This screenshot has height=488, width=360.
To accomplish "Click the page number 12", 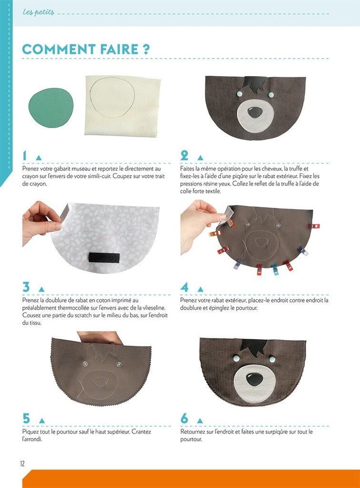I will pos(22,463).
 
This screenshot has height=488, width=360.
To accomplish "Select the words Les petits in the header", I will pos(39,11).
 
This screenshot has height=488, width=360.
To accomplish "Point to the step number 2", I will pos(185,155).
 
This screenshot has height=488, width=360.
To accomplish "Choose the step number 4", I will pos(185,287).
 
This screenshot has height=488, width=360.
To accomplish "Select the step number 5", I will pos(26,419).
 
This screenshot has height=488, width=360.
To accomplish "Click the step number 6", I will pos(185,419).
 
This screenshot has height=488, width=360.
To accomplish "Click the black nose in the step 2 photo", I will pos(255,112).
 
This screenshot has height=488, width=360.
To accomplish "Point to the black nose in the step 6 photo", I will pos(254,379).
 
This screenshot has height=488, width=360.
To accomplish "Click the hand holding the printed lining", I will pos(40,222).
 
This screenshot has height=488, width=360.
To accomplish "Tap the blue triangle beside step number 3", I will pos(41,289).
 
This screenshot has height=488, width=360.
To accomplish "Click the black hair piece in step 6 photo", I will pos(252,347).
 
